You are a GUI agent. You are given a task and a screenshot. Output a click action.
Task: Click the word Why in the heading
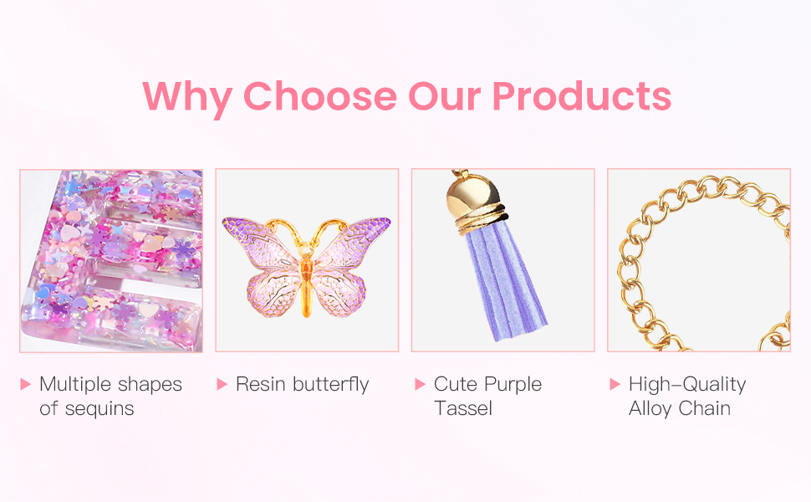[x=187, y=98]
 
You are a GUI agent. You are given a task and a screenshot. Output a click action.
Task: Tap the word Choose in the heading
[x=320, y=96]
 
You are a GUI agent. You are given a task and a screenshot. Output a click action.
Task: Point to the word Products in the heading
[x=582, y=96]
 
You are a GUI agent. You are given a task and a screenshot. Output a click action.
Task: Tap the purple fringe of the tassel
[x=504, y=283]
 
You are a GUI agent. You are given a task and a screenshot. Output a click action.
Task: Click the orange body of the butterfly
[x=306, y=282]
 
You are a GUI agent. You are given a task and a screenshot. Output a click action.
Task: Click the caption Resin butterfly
[x=303, y=385]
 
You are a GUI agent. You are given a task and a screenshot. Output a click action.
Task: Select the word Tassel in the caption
[x=463, y=408]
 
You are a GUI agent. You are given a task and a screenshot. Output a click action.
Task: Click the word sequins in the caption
[x=99, y=409]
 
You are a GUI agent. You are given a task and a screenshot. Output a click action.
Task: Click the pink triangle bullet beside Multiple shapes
[x=25, y=383]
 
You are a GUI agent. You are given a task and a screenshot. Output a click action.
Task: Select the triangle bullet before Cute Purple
[x=420, y=383]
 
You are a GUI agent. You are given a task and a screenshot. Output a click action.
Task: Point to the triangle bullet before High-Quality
[x=615, y=383]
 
